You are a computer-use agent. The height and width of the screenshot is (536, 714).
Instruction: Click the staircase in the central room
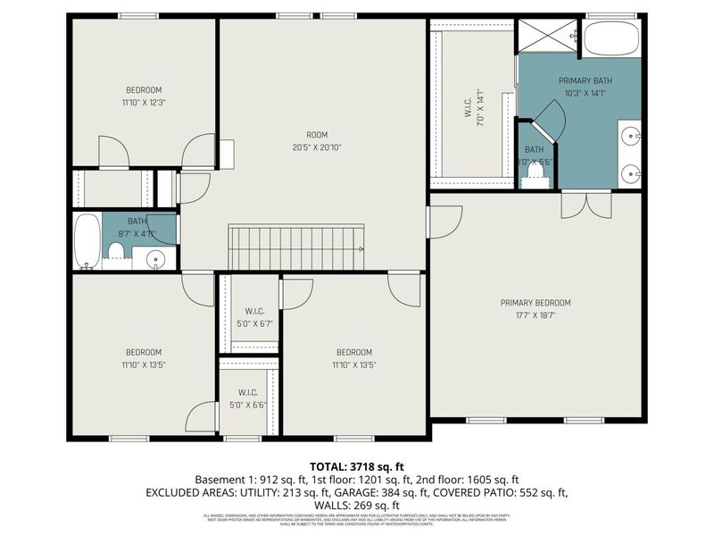[297, 247]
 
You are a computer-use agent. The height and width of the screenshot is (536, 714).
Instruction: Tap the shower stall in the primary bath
[547, 35]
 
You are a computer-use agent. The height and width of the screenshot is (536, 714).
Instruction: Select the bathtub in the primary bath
[611, 38]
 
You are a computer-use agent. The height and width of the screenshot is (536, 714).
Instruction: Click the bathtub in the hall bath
[87, 241]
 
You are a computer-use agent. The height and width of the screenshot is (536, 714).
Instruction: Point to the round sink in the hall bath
[156, 260]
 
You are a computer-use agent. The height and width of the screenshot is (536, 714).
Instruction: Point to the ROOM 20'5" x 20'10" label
[317, 140]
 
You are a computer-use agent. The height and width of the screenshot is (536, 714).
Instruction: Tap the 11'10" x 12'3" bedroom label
[143, 96]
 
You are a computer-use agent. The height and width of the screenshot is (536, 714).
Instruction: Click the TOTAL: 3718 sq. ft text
[357, 466]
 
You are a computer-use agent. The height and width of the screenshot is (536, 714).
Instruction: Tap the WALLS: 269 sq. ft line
[357, 505]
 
